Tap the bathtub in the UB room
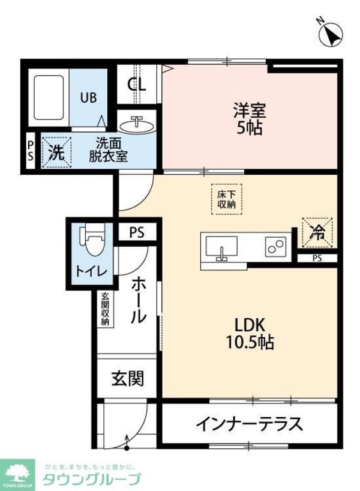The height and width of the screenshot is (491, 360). click(49, 98)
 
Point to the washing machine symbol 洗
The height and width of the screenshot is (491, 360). click(56, 152)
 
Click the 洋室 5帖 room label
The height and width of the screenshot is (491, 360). click(250, 118)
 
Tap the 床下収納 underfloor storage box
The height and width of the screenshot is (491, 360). click(226, 198)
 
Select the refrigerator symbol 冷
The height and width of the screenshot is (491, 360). click(316, 232)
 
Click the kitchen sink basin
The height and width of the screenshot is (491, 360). click(221, 247)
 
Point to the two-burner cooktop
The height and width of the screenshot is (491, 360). click(276, 247)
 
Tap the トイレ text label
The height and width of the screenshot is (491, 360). click(91, 272)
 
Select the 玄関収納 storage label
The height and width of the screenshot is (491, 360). click(105, 309)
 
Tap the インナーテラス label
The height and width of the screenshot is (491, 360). click(248, 424)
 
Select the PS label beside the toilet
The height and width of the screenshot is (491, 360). click(137, 232)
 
